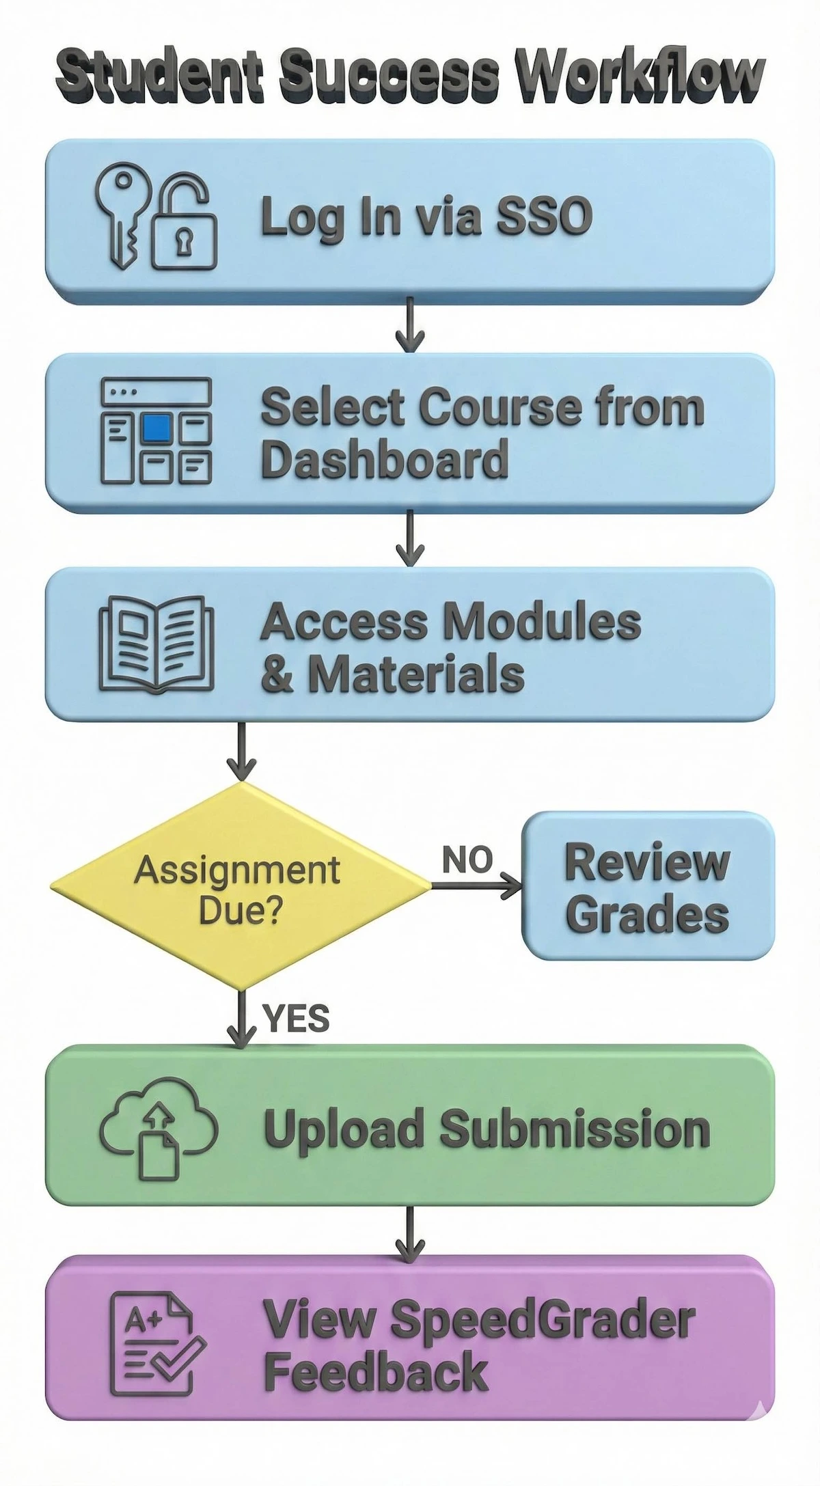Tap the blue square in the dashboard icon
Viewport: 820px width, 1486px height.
click(x=156, y=428)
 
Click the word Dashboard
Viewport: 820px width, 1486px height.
click(x=384, y=458)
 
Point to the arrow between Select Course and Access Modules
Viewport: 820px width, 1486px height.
click(x=409, y=540)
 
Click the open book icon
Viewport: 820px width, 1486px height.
click(x=156, y=644)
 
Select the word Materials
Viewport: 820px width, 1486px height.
click(x=415, y=674)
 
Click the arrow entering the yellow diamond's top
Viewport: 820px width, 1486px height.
click(x=241, y=752)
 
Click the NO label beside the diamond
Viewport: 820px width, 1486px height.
click(x=467, y=859)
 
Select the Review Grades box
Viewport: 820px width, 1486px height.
click(x=647, y=886)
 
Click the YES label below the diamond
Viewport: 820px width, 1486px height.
click(x=296, y=1019)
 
